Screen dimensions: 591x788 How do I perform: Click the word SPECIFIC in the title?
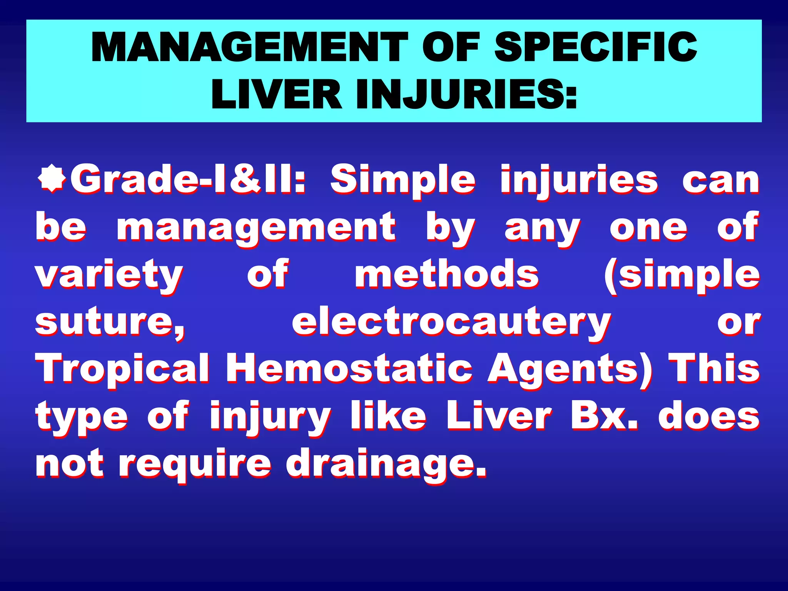pyautogui.click(x=595, y=47)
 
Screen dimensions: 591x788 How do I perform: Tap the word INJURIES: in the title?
pyautogui.click(x=466, y=94)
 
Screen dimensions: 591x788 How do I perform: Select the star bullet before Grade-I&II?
pyautogui.click(x=52, y=179)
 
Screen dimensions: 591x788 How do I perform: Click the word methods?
pyautogui.click(x=446, y=274)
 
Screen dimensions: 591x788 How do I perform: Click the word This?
pyautogui.click(x=714, y=369)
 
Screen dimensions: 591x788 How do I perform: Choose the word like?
pyautogui.click(x=389, y=416)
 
